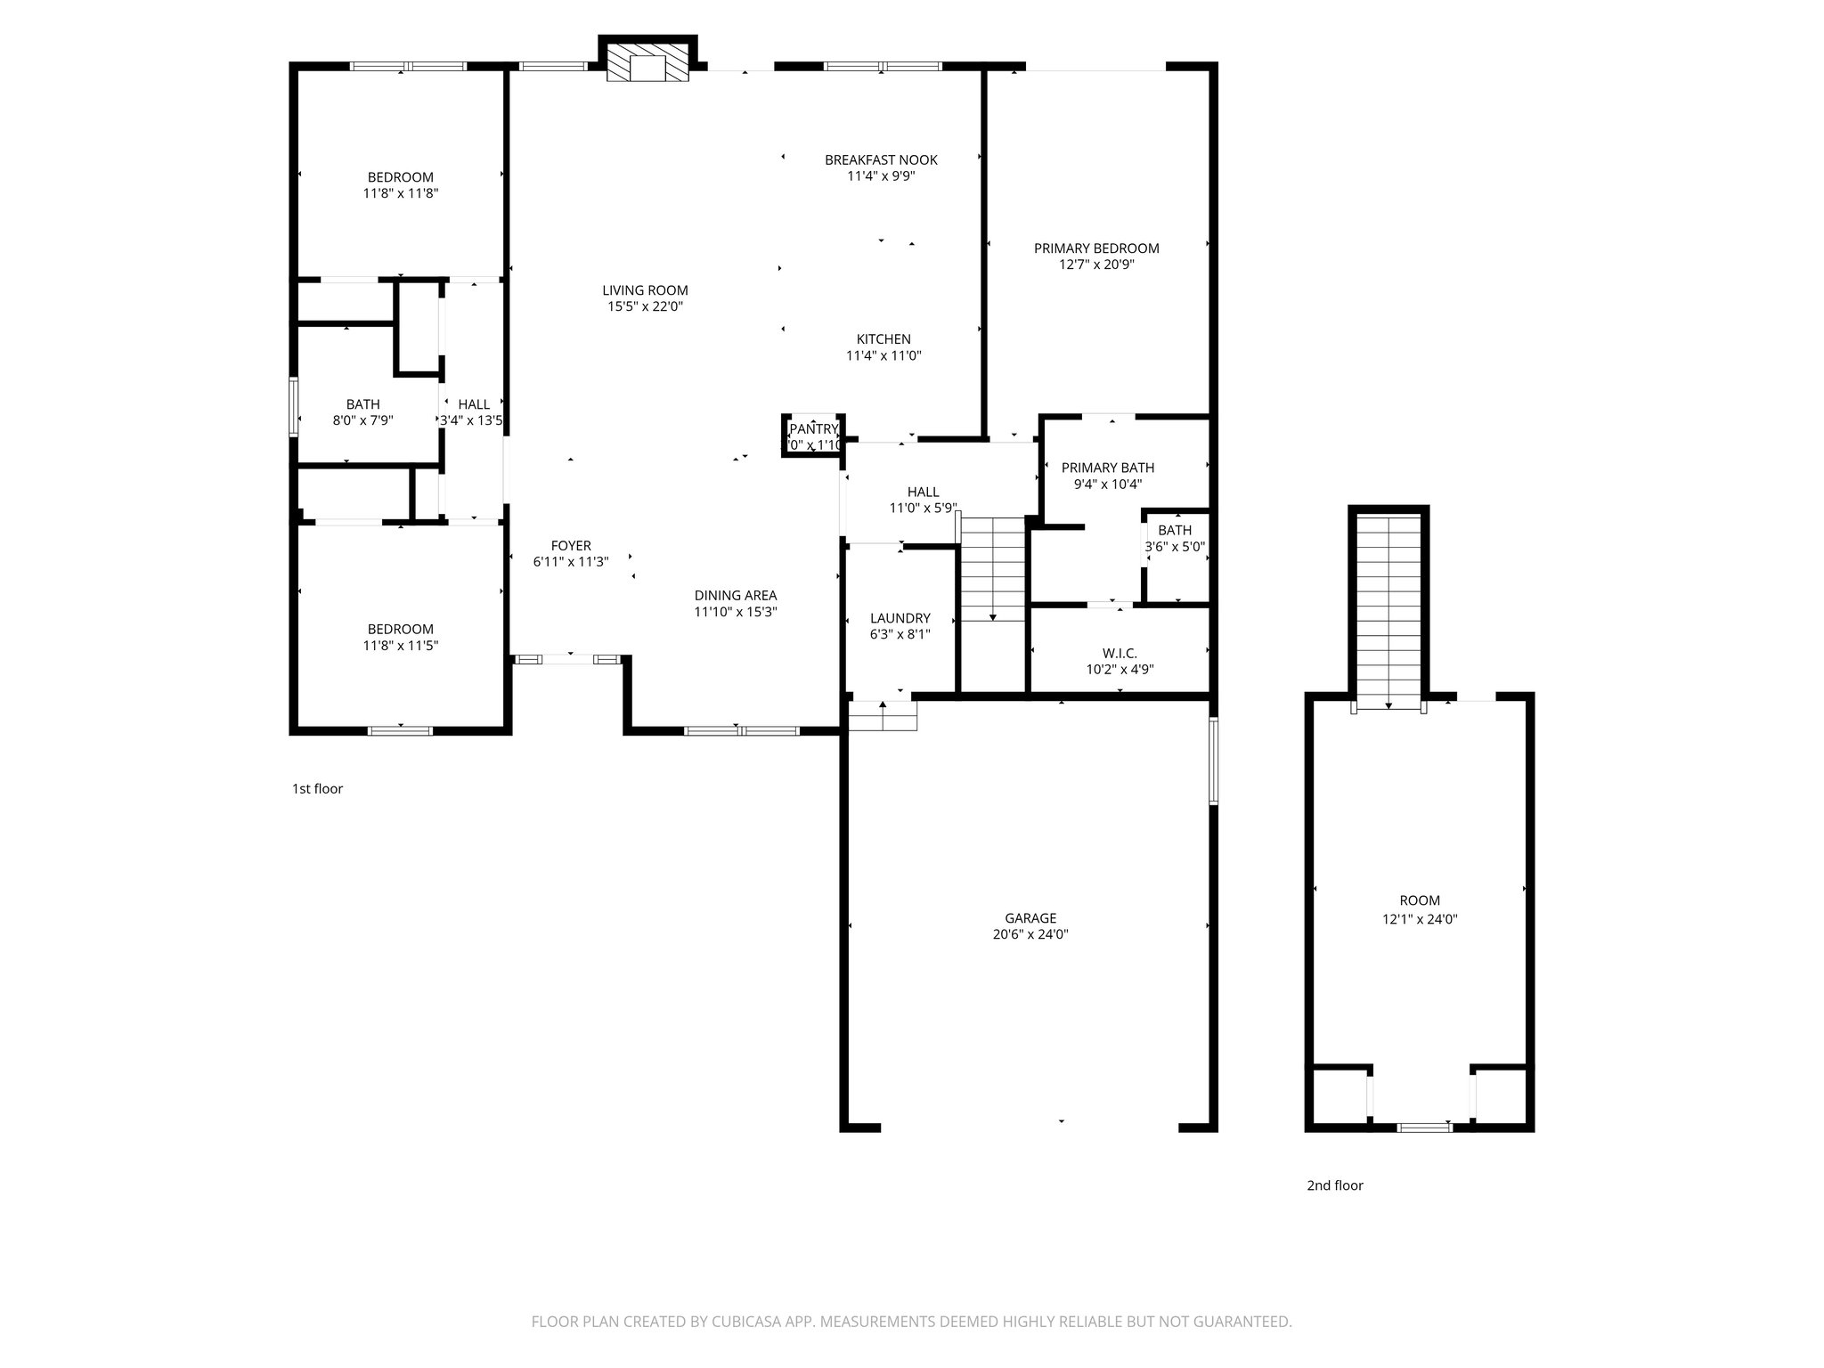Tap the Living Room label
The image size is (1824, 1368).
645,290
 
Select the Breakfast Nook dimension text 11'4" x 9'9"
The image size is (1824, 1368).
881,176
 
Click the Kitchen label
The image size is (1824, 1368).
883,339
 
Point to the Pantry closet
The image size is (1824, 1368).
813,436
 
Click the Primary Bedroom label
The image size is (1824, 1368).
1096,248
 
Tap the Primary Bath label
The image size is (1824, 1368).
1108,468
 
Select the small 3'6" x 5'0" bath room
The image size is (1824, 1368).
1175,557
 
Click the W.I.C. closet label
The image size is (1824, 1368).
1120,654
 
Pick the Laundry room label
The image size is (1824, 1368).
900,618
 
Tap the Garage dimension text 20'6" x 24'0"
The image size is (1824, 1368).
1030,934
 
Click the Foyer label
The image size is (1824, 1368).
571,546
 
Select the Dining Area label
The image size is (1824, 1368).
736,596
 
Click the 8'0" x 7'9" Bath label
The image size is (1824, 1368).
362,404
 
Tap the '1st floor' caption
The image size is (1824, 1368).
317,789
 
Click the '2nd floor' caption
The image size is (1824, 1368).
1334,1185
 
